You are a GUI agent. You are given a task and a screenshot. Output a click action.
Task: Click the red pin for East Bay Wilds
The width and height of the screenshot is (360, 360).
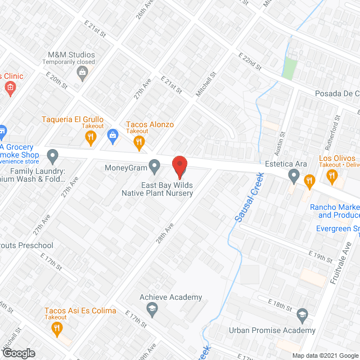tap(179, 167)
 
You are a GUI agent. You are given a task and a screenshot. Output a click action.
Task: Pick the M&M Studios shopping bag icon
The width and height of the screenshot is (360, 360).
tap(83, 72)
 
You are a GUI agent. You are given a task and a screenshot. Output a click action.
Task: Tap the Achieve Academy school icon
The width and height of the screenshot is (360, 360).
tap(151, 308)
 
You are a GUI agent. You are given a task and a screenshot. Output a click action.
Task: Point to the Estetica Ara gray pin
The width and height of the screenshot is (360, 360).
tap(293, 177)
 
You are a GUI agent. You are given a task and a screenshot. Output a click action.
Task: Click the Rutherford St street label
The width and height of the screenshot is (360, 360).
tap(337, 129)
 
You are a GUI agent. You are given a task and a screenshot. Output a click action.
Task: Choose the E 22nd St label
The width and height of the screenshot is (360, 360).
tap(250, 61)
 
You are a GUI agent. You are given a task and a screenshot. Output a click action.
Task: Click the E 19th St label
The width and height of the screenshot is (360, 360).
tap(321, 256)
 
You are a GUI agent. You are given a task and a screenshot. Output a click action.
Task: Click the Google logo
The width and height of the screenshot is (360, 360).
tap(19, 353)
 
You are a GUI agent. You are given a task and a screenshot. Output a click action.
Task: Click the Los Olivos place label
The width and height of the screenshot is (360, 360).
tap(337, 159)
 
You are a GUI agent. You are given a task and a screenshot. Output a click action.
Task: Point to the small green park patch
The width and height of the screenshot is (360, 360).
tap(289, 68)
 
